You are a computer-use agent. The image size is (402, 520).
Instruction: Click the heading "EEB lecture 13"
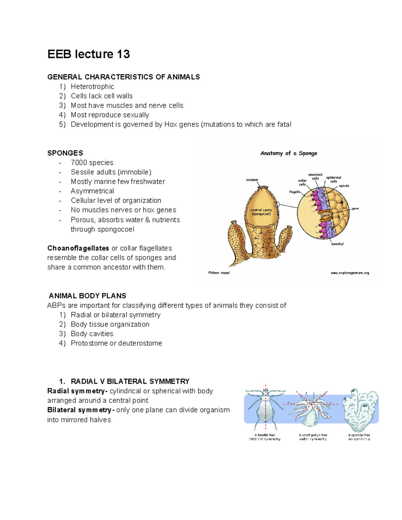point(88,54)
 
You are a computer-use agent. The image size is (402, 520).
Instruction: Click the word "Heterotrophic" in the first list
point(92,87)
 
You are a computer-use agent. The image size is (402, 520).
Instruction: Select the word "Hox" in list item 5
point(171,125)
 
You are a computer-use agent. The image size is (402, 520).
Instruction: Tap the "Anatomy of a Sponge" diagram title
point(289,153)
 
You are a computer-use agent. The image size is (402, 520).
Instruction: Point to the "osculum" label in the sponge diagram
point(252,180)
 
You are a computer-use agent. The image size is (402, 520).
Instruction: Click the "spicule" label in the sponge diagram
point(344,185)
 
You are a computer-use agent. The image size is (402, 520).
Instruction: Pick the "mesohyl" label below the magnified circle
point(337,244)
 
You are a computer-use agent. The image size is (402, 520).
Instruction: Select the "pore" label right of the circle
point(355,209)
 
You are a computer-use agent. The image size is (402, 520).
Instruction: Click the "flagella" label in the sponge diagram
point(295,192)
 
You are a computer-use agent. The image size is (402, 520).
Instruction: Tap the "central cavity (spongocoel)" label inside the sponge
point(261,212)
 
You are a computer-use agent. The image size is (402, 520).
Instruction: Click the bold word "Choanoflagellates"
point(78,248)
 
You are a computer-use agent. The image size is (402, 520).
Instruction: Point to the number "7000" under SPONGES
point(79,163)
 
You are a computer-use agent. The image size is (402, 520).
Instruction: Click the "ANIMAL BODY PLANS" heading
point(87,296)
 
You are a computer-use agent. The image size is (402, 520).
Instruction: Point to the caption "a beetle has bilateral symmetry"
point(265,437)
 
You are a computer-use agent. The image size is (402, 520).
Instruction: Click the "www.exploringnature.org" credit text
point(350,273)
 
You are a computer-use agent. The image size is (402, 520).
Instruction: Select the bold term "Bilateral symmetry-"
point(81,410)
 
